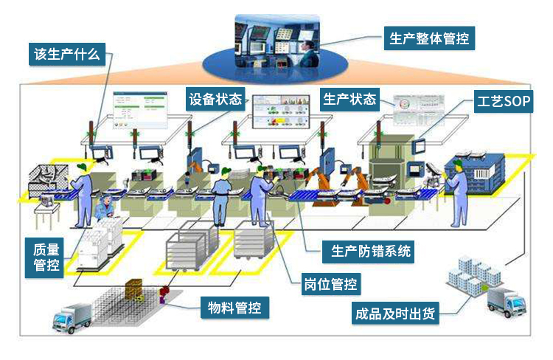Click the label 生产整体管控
[x=428, y=37]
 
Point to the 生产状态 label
[x=349, y=99]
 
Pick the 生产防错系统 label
[x=368, y=252]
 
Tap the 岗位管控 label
[x=332, y=283]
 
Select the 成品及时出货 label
[x=394, y=312]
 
